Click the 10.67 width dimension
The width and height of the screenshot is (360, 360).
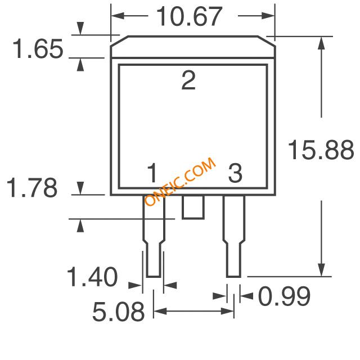tap(189, 16)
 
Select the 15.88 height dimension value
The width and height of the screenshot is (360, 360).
tap(321, 150)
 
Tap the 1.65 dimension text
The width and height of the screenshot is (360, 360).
tap(38, 49)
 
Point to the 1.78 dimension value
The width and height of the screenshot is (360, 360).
tap(32, 187)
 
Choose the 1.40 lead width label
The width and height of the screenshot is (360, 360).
tap(92, 277)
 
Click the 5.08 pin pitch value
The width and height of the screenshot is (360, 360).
tap(119, 312)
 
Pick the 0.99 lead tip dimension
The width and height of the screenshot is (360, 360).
tap(284, 296)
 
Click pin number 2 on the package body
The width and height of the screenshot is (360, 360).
tap(188, 80)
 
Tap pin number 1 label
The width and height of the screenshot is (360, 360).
tap(152, 173)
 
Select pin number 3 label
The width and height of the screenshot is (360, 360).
tap(235, 173)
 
